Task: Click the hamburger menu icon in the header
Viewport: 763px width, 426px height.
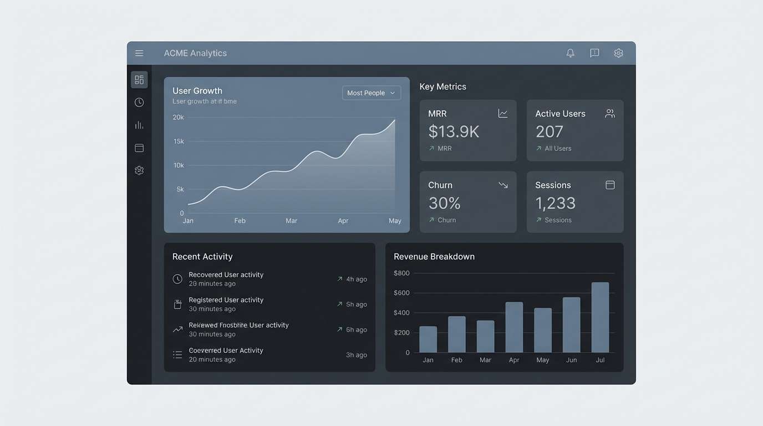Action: pos(139,53)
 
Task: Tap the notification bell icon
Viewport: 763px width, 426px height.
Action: pos(570,53)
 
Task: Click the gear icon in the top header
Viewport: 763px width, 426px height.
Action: pos(618,53)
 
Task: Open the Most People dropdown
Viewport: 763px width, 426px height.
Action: pos(371,93)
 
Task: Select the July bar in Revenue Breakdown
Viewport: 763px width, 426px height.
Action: pos(600,317)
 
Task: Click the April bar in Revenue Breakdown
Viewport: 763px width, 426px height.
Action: pos(514,327)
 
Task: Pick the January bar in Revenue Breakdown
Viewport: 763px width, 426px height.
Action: pos(428,339)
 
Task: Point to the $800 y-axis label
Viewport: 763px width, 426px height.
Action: pos(401,273)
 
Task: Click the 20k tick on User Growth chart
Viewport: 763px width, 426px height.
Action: pos(178,117)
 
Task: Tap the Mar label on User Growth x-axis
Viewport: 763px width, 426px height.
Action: pos(291,221)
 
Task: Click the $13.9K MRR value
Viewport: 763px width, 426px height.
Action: pos(454,132)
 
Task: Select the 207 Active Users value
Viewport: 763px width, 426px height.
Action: pos(549,132)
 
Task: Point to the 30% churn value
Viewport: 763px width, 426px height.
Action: pos(444,204)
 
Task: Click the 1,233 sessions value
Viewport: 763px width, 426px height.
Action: pos(555,204)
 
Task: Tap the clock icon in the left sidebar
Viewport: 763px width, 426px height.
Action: pos(139,103)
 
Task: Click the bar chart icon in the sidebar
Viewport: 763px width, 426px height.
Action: pos(139,125)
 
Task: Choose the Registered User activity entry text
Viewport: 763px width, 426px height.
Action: pos(226,300)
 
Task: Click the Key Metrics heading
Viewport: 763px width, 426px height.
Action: pos(442,87)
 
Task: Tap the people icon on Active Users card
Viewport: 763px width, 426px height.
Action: pos(610,114)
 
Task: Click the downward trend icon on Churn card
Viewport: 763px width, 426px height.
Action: pos(503,185)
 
